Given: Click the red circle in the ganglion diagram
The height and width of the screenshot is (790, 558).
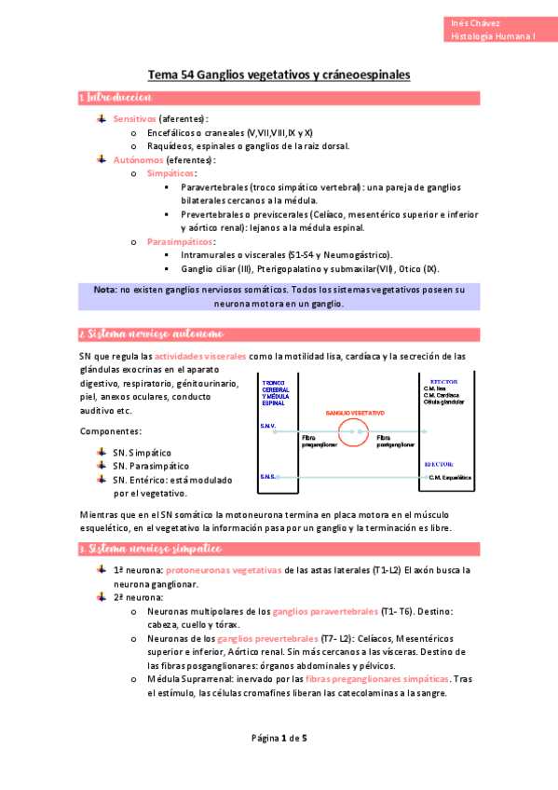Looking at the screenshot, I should (x=352, y=430).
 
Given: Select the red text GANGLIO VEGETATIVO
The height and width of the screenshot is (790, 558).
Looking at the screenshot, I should (x=355, y=412).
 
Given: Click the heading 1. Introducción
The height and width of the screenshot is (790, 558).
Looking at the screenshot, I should (x=116, y=98).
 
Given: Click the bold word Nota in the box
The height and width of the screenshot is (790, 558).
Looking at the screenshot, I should (x=104, y=290).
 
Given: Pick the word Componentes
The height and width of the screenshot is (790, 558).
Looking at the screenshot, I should (x=111, y=432).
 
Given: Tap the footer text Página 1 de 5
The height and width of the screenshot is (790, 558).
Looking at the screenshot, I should (x=279, y=739).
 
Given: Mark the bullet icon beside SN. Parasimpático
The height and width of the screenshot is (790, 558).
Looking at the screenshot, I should (x=102, y=465).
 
